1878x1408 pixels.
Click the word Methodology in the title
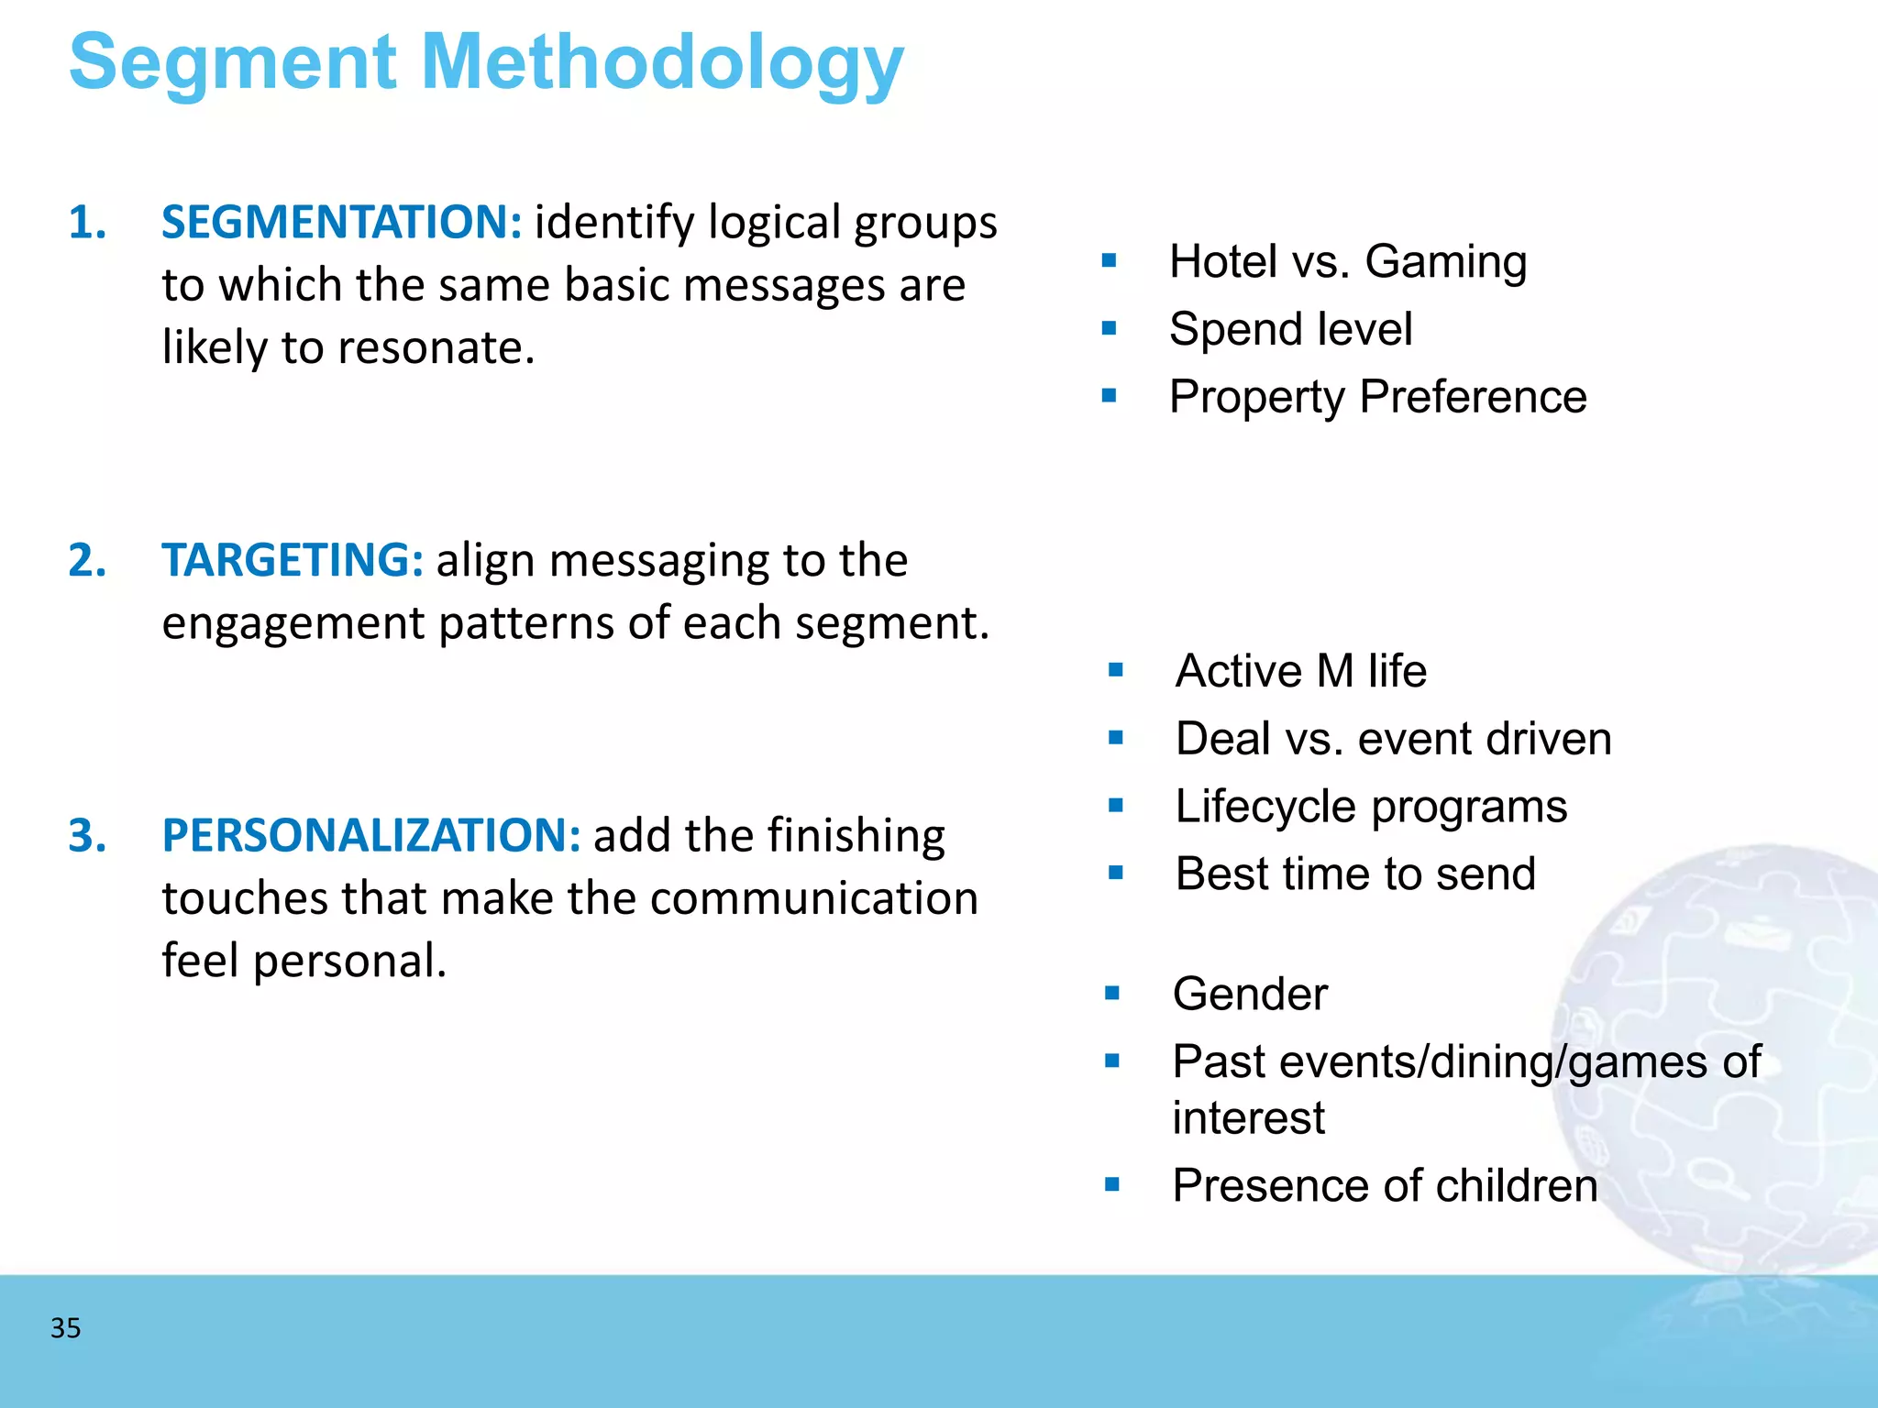(662, 62)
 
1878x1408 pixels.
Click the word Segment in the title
(233, 62)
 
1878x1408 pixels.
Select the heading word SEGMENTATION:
(341, 223)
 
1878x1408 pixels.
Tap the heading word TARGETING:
(293, 560)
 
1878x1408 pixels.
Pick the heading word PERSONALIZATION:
(370, 835)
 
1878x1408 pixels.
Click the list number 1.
(87, 223)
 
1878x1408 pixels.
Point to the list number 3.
(87, 835)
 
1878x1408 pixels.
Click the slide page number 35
(65, 1327)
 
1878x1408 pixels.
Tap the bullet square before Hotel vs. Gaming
(1110, 261)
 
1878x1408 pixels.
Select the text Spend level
(1290, 329)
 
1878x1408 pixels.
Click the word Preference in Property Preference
(1473, 397)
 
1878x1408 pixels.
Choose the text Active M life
(1300, 671)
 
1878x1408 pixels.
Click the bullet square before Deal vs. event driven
(1115, 738)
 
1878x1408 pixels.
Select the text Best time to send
(1354, 874)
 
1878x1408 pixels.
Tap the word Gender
(1249, 994)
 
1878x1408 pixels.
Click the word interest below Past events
(1248, 1117)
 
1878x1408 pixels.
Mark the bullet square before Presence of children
(1112, 1184)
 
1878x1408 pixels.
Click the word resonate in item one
(434, 348)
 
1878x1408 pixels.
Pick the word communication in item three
(813, 898)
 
